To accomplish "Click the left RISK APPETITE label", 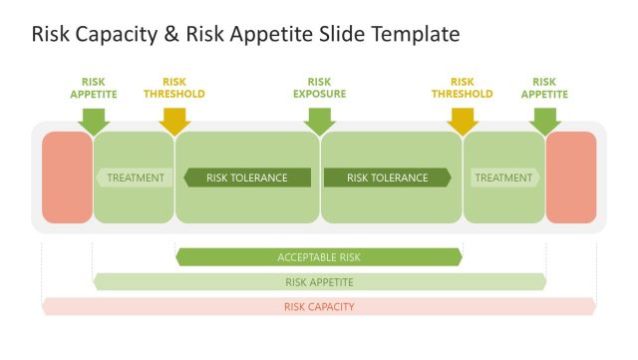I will pyautogui.click(x=93, y=88).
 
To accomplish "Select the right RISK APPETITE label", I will pyautogui.click(x=544, y=88).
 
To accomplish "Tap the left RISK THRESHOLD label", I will pyautogui.click(x=174, y=88).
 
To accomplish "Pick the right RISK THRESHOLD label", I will pyautogui.click(x=462, y=88).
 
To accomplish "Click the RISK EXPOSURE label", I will pyautogui.click(x=319, y=88).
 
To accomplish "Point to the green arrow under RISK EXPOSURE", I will pyautogui.click(x=319, y=120).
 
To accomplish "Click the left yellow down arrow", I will pyautogui.click(x=174, y=120).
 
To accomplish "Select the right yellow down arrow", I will pyautogui.click(x=463, y=120).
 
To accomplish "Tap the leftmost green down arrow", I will pyautogui.click(x=93, y=120).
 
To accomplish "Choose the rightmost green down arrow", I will pyautogui.click(x=545, y=120).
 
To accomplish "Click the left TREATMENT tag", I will pyautogui.click(x=134, y=178).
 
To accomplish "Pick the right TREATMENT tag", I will pyautogui.click(x=504, y=178).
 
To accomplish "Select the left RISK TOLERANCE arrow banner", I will pyautogui.click(x=246, y=178).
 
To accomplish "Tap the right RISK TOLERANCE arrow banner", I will pyautogui.click(x=388, y=178).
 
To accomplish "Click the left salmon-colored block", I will pyautogui.click(x=67, y=178).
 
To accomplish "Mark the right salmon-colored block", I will pyautogui.click(x=571, y=178).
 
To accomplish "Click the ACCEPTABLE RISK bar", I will pyautogui.click(x=319, y=257).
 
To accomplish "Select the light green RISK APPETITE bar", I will pyautogui.click(x=319, y=282).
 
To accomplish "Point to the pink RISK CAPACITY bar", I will pyautogui.click(x=319, y=306).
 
